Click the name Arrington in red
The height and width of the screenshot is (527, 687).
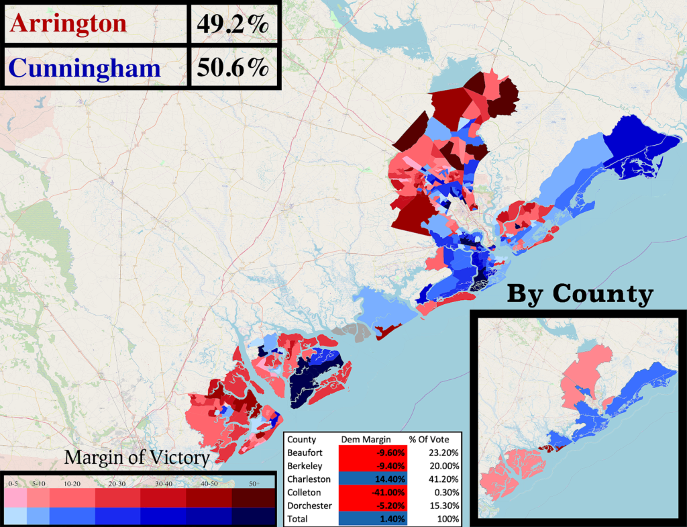[68, 23]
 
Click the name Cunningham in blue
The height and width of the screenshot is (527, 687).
[85, 68]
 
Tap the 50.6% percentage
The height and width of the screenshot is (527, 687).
[232, 68]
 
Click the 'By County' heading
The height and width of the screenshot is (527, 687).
[579, 293]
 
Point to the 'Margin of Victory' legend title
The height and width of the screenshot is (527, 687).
[137, 459]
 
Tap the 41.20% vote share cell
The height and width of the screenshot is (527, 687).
[442, 479]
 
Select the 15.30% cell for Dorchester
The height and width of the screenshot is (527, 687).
[442, 506]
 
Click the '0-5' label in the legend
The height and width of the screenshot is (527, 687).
[13, 484]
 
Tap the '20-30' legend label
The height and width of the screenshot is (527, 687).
[117, 484]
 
